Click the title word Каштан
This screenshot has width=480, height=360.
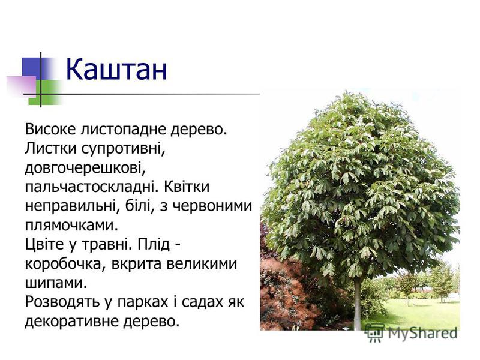point(116,70)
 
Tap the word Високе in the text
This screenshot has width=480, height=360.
point(50,129)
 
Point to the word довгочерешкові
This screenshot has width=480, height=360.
point(85,168)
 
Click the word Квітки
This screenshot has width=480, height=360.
point(187,187)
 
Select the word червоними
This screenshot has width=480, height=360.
point(212,206)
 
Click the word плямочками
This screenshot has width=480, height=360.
point(71,226)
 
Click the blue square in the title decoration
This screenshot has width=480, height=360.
point(35,68)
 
